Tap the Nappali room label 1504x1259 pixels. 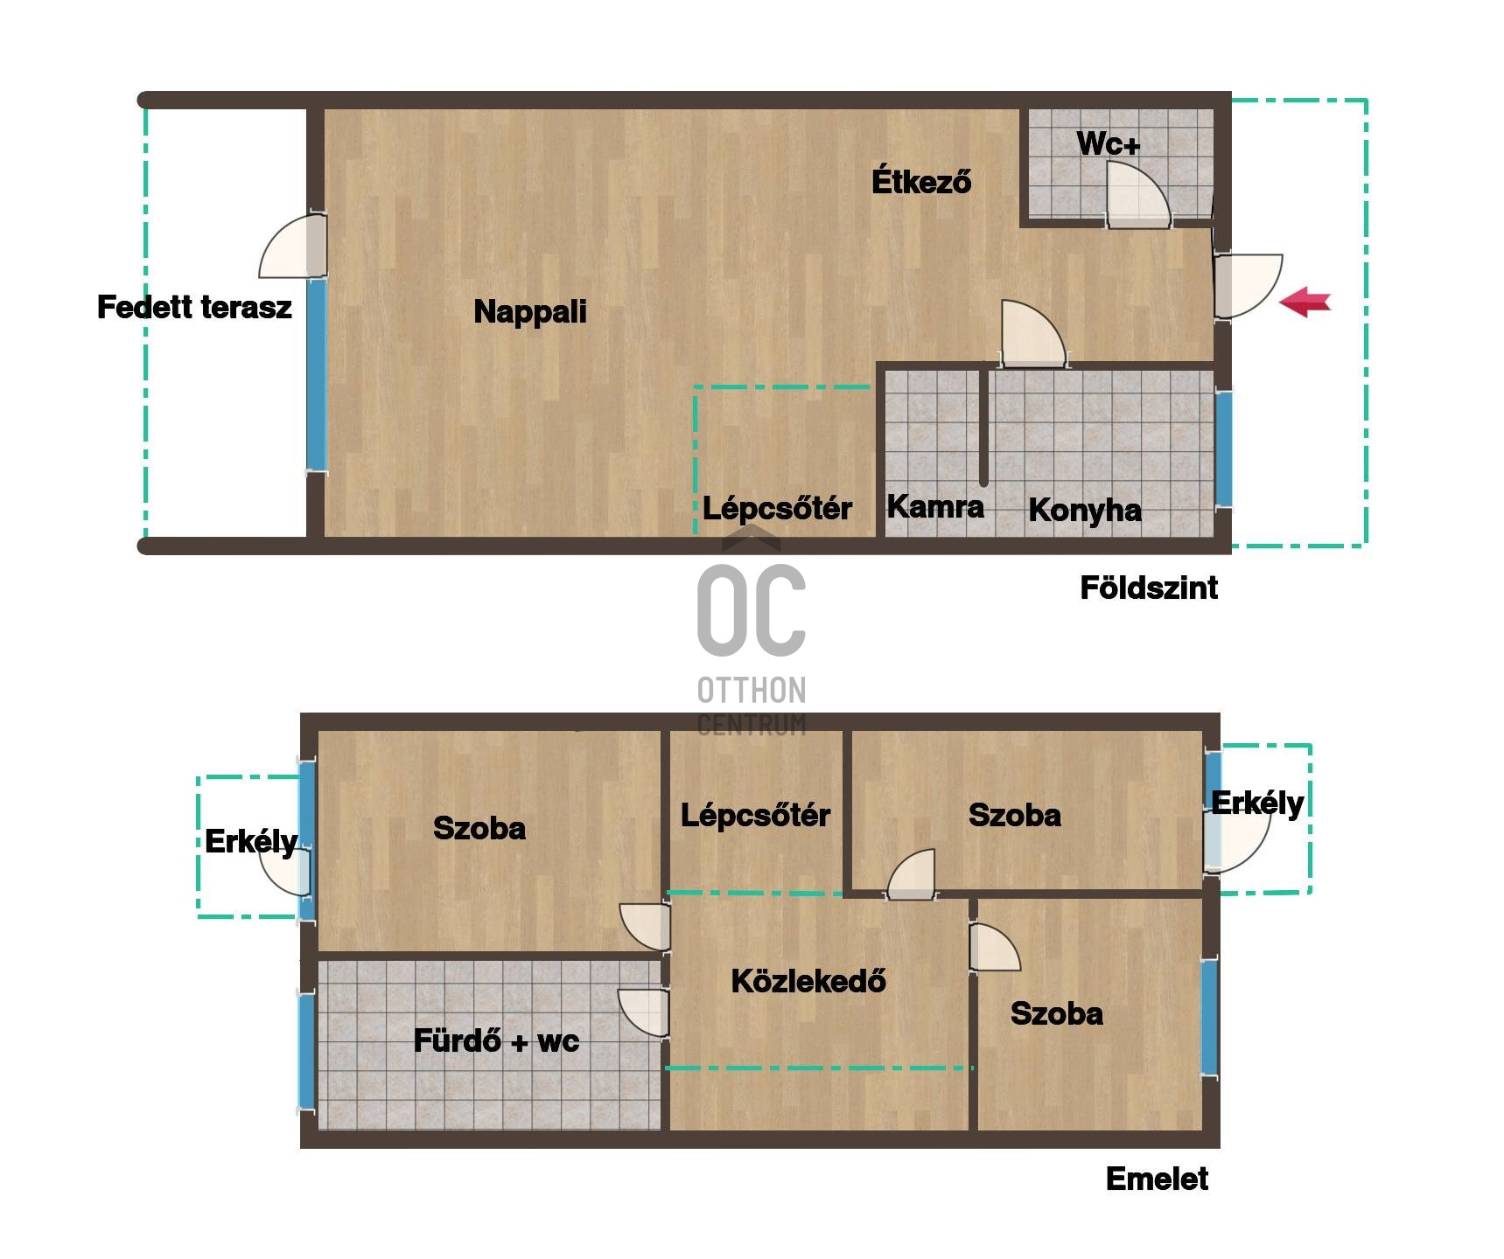tap(529, 312)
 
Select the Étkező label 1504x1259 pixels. tap(920, 182)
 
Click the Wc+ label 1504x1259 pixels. tap(1108, 143)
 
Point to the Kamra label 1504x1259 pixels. tap(934, 506)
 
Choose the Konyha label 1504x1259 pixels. tap(1084, 510)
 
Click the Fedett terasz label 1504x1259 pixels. tap(194, 308)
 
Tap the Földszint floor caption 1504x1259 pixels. tap(1148, 588)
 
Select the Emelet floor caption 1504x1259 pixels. tap(1157, 1179)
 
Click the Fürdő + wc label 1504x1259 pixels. tap(496, 1040)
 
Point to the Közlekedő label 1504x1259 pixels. tap(808, 981)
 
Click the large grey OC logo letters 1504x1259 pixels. tap(751, 610)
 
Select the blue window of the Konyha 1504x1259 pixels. tap(1223, 449)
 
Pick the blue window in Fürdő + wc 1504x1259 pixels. tap(306, 1051)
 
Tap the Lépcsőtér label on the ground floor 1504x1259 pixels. tap(777, 508)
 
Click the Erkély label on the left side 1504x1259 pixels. tap(250, 841)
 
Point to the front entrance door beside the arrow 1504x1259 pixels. tap(1246, 285)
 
